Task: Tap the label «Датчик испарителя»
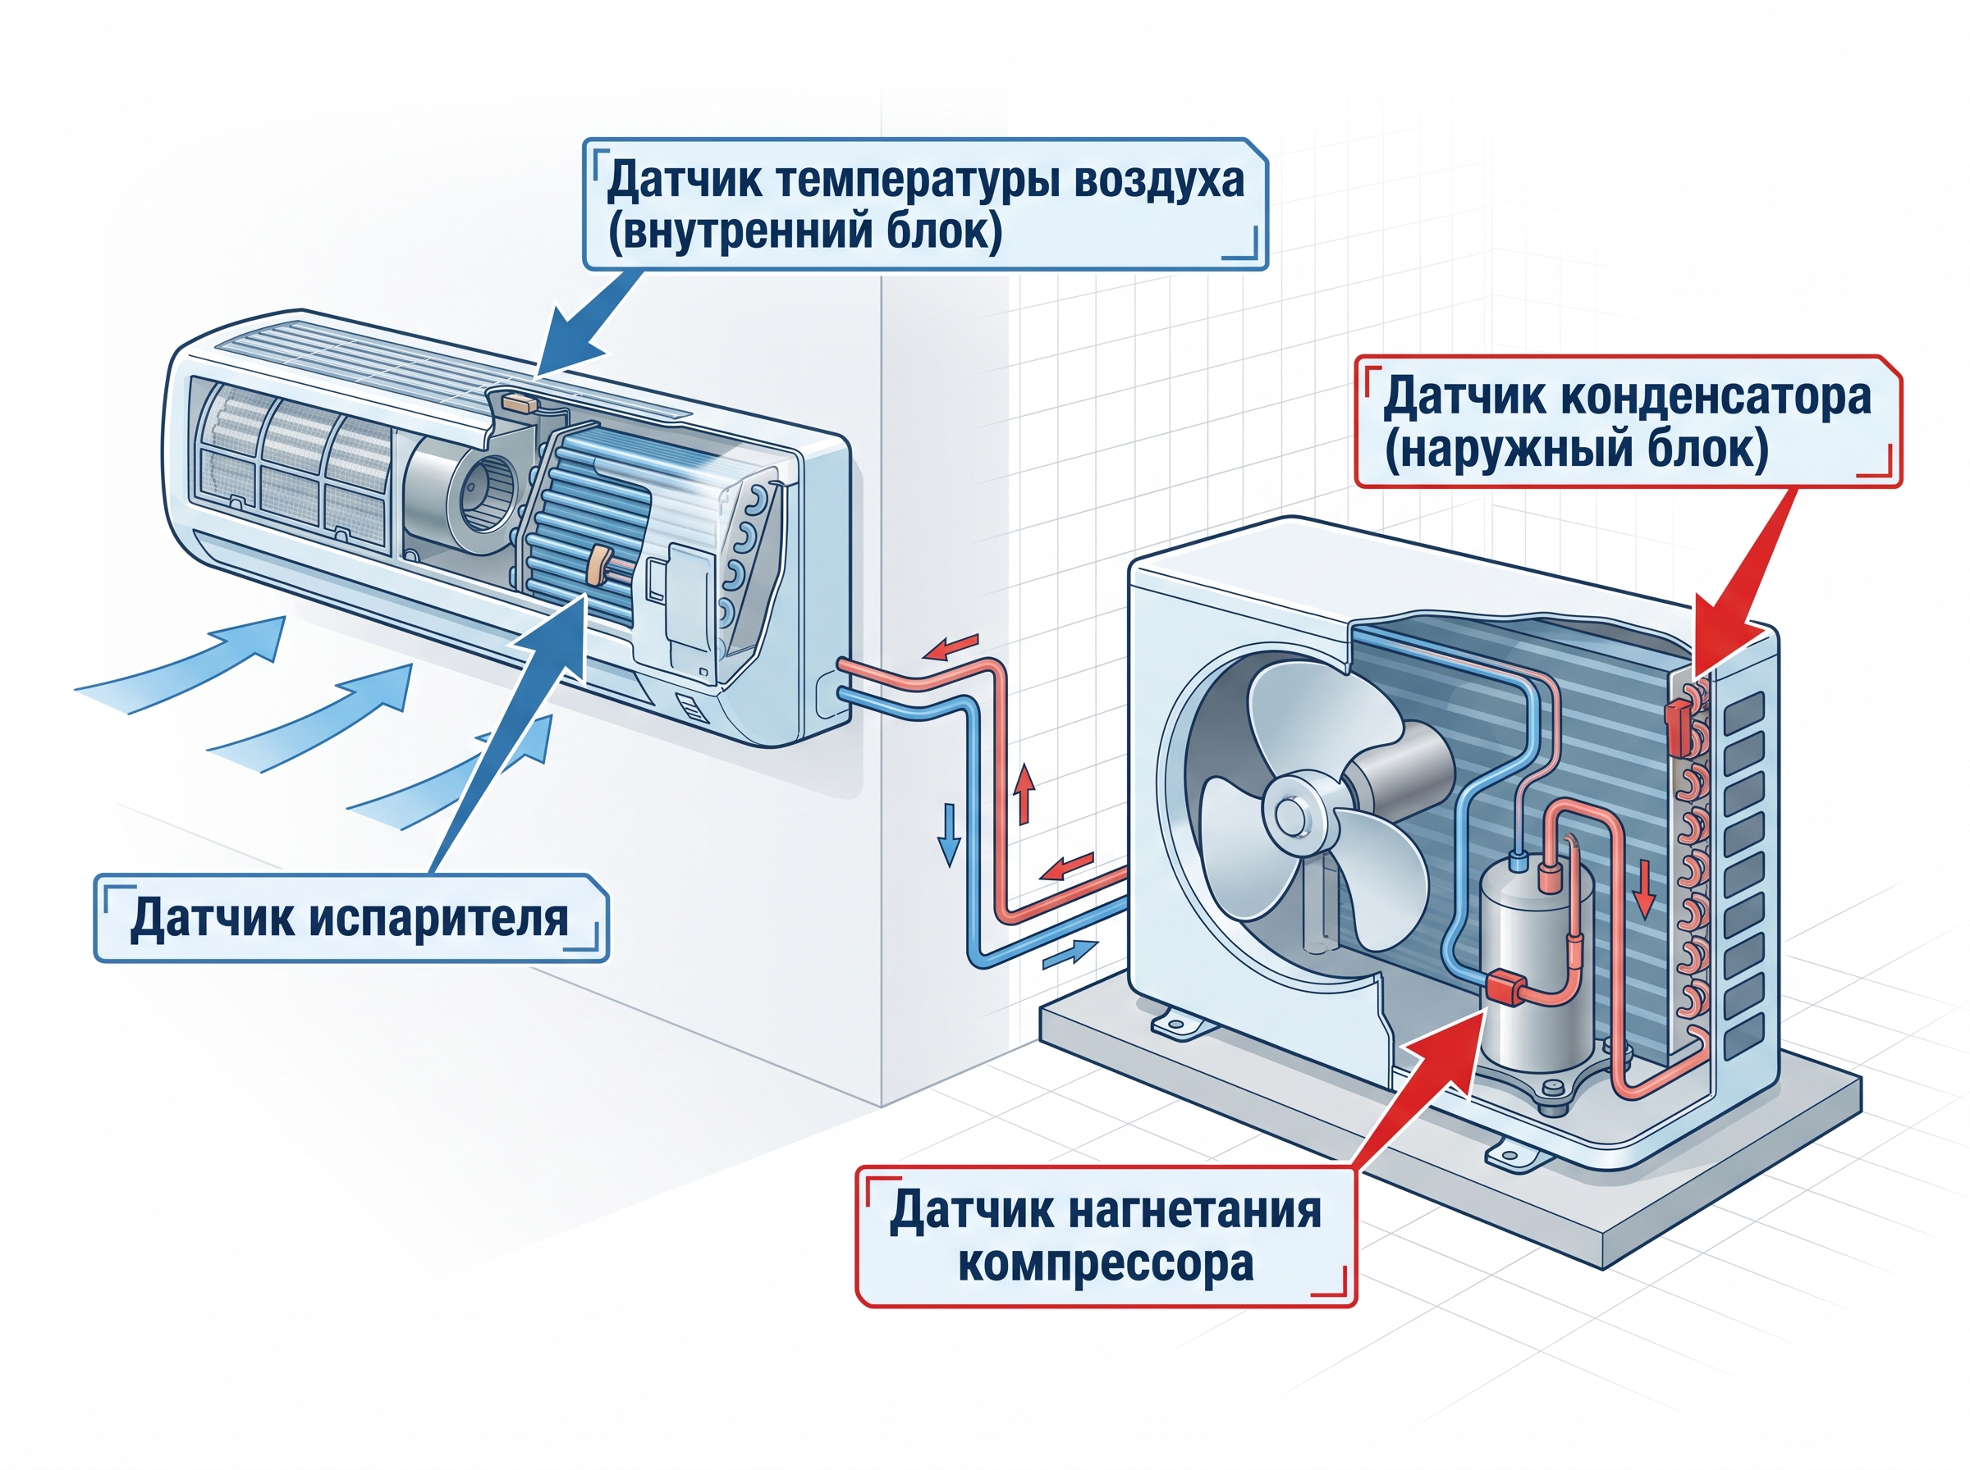[350, 917]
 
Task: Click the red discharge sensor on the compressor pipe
[1505, 988]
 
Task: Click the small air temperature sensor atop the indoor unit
[519, 401]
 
